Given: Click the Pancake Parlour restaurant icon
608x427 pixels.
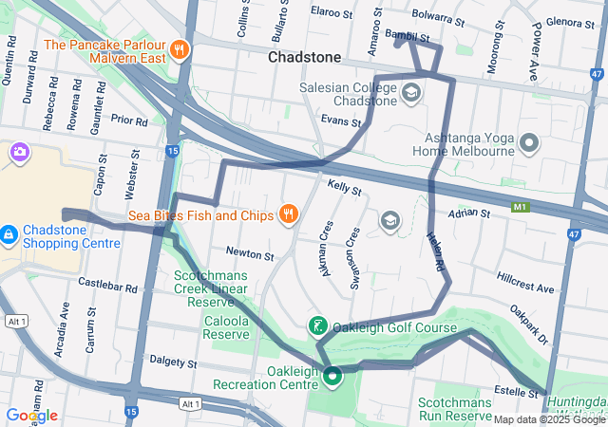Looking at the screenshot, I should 179,48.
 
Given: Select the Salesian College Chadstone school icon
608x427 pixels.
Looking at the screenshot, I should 410,92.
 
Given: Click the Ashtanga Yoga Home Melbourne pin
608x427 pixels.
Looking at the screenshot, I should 529,143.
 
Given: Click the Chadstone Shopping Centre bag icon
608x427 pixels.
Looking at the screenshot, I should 9,233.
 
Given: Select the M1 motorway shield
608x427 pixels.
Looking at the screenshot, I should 519,206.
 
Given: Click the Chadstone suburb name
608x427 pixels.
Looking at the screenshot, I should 304,57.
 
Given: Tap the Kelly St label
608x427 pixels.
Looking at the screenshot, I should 345,190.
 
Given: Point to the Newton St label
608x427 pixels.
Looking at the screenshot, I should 250,253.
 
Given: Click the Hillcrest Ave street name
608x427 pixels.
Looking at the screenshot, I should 524,287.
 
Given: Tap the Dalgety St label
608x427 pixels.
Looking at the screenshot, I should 173,362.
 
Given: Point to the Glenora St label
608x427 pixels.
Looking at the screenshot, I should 570,22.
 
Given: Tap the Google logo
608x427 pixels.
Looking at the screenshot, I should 30,415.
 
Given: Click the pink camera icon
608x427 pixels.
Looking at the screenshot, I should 19,152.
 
